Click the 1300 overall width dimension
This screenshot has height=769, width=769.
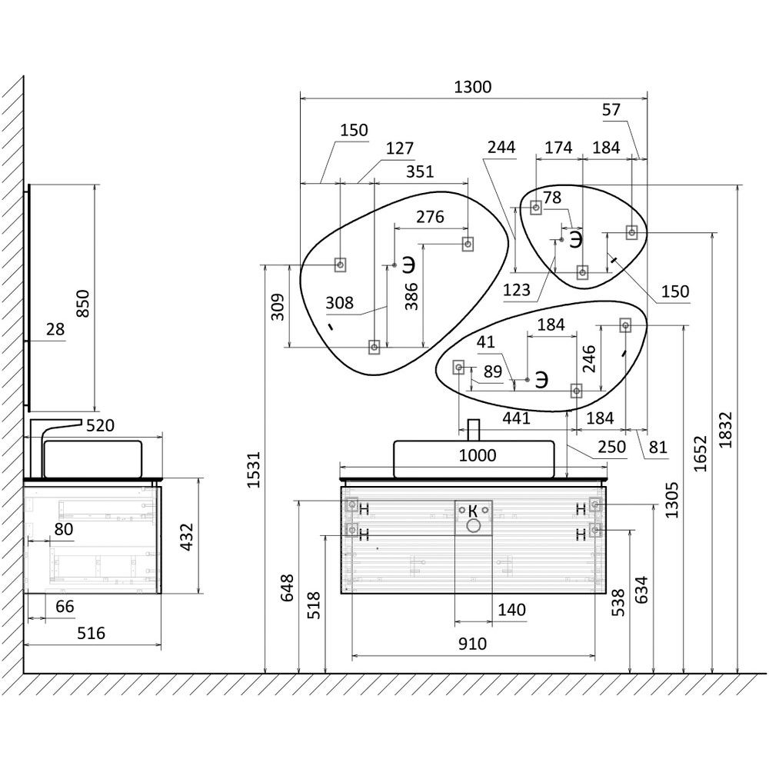tap(472, 88)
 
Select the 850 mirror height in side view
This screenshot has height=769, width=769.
tap(83, 303)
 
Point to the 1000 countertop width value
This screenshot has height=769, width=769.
tap(478, 455)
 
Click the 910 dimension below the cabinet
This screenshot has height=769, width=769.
tap(473, 644)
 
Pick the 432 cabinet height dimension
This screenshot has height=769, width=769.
tap(187, 537)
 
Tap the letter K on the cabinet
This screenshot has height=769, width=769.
tap(473, 511)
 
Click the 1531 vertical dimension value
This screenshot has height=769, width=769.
tap(253, 470)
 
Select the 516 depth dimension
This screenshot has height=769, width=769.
tap(92, 633)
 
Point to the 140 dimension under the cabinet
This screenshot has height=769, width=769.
tap(511, 610)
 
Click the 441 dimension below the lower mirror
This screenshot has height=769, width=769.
tap(516, 418)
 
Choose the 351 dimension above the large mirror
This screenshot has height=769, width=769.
tap(420, 171)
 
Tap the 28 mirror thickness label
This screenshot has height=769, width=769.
tap(55, 329)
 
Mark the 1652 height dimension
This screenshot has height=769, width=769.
tap(701, 454)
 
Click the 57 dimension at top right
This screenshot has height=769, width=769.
tap(611, 110)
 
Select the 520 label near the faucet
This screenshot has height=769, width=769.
tap(100, 426)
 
